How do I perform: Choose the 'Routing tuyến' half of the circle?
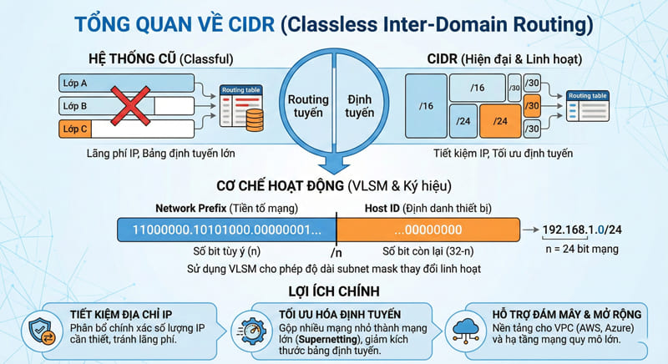tap(308, 106)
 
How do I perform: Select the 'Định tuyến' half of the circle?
tap(360, 106)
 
